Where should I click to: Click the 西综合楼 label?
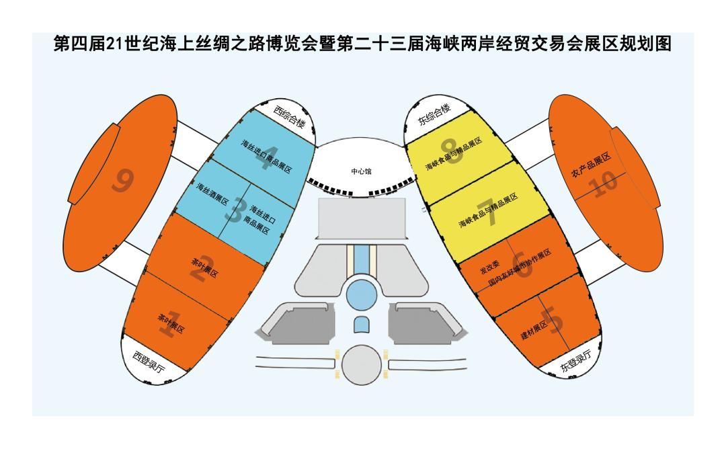coord(290,117)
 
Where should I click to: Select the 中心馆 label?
coord(361,171)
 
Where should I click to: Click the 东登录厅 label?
coord(576,364)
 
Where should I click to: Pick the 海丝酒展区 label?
coord(213,195)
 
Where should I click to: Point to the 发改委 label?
coord(489,268)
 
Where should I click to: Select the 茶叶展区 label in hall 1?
coord(171,325)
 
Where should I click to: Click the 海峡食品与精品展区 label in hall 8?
coord(454,155)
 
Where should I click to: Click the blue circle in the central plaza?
coord(361,294)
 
